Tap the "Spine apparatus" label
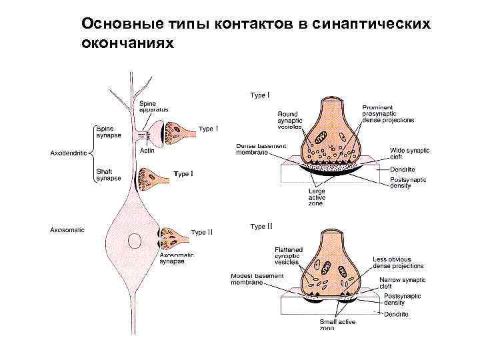pyautogui.click(x=153, y=106)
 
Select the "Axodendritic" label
pyautogui.click(x=69, y=153)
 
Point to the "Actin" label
pyautogui.click(x=147, y=150)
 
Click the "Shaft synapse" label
pyautogui.click(x=109, y=175)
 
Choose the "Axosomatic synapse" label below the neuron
pyautogui.click(x=176, y=258)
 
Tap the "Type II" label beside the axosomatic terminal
pyautogui.click(x=201, y=233)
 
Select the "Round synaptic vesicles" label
pyautogui.click(x=290, y=121)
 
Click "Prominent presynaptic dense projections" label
pyautogui.click(x=387, y=114)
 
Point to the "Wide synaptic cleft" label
pyautogui.click(x=409, y=154)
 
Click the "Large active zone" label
pyautogui.click(x=316, y=197)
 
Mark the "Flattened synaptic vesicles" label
pyautogui.click(x=288, y=256)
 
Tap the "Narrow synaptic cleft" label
pyautogui.click(x=399, y=283)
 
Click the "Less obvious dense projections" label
pyautogui.click(x=398, y=263)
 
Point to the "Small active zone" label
pyautogui.click(x=337, y=325)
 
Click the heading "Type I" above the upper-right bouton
pyautogui.click(x=260, y=95)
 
